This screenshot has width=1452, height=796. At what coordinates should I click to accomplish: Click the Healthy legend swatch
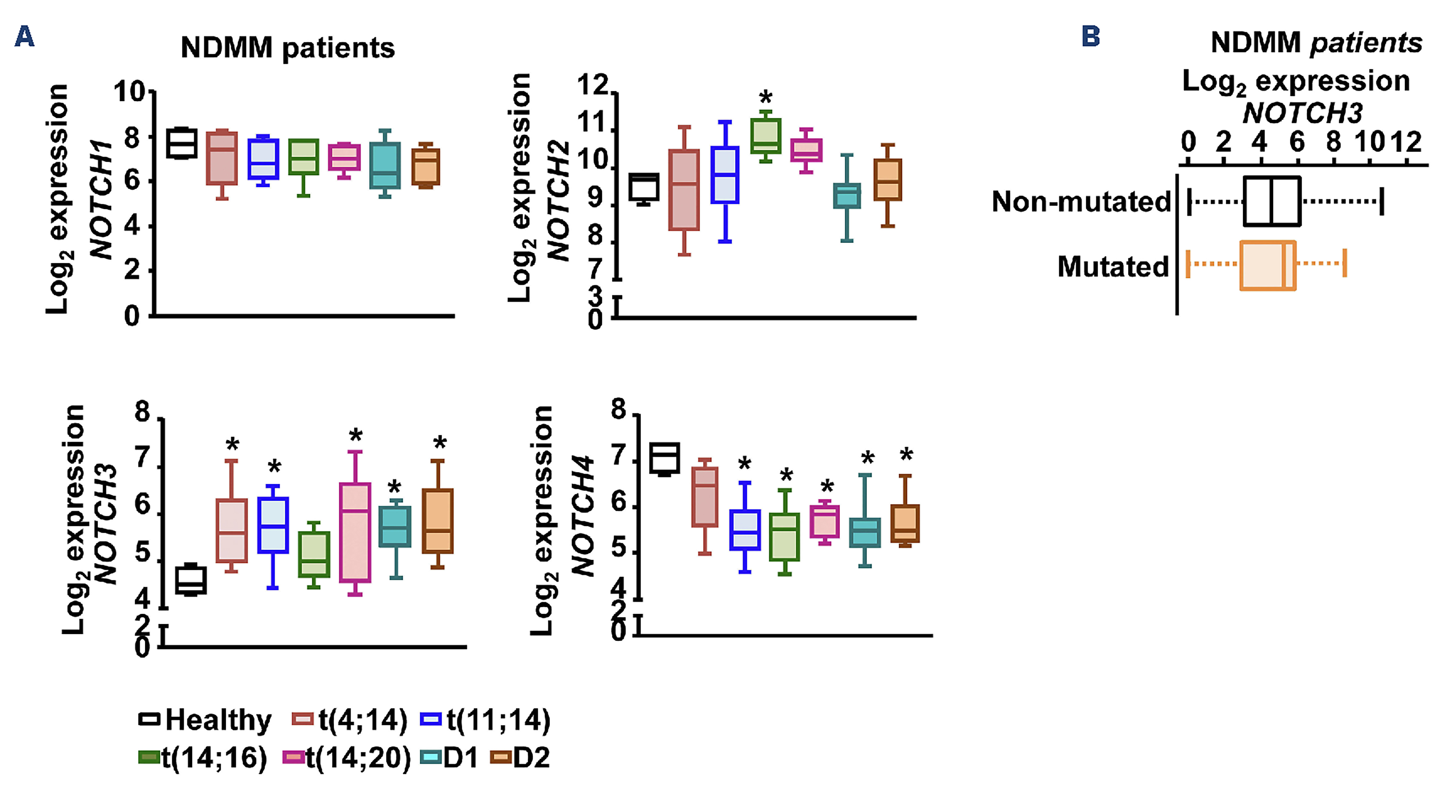pos(149,720)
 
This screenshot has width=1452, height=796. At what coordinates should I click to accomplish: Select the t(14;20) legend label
pos(358,758)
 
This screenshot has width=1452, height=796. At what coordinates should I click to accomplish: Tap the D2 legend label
pos(531,758)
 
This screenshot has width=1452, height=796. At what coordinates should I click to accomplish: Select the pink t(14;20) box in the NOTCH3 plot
pos(355,532)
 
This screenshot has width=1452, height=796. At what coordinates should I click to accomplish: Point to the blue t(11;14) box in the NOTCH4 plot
pos(745,530)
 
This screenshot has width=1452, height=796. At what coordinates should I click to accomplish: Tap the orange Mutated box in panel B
pos(1268,265)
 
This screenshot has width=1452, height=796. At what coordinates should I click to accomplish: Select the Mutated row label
pos(1113,267)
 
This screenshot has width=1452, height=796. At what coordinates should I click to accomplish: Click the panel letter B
pos(1091,37)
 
